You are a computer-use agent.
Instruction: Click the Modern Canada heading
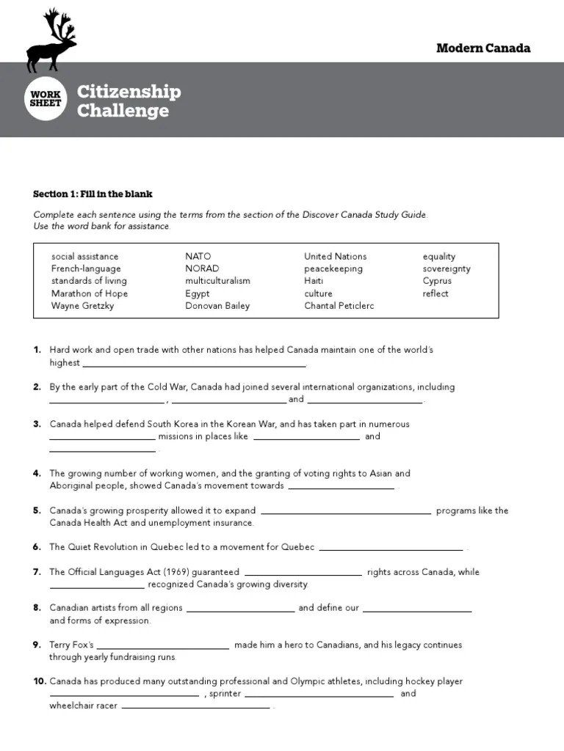click(482, 48)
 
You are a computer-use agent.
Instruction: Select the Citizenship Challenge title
click(129, 101)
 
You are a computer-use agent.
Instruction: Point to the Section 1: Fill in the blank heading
click(93, 194)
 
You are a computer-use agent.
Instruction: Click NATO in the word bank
click(198, 257)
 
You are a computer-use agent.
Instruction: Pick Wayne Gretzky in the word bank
click(82, 306)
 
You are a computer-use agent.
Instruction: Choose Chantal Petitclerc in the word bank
click(339, 306)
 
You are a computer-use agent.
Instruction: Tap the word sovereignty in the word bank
click(446, 269)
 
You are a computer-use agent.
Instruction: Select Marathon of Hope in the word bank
click(89, 293)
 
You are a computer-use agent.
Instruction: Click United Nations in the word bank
click(335, 257)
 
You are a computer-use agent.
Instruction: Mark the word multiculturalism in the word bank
click(217, 281)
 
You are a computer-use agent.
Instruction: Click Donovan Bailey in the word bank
click(217, 306)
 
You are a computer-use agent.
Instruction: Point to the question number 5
click(37, 510)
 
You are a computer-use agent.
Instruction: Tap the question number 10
click(40, 681)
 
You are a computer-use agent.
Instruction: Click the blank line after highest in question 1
click(194, 364)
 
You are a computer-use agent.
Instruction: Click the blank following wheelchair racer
click(195, 707)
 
